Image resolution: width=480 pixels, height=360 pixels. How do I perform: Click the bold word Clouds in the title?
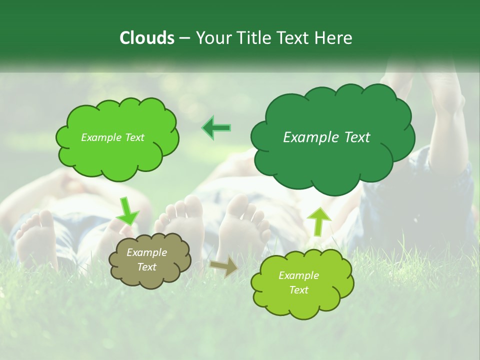146,38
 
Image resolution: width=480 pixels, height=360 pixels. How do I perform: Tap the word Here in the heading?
334,38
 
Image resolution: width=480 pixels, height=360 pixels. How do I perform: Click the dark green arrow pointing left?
216,128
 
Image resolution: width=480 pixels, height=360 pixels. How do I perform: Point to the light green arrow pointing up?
318,221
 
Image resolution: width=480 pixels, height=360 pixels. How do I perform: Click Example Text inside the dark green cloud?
326,137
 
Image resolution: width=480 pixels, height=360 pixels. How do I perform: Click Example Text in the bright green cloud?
112,137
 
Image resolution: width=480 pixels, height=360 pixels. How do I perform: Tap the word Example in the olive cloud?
146,252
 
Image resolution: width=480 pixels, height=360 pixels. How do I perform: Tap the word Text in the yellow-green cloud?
298,290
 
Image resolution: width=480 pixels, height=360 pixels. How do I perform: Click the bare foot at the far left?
35,237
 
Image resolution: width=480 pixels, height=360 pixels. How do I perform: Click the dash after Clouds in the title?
184,38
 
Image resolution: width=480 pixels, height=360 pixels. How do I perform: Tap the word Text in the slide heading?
295,38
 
